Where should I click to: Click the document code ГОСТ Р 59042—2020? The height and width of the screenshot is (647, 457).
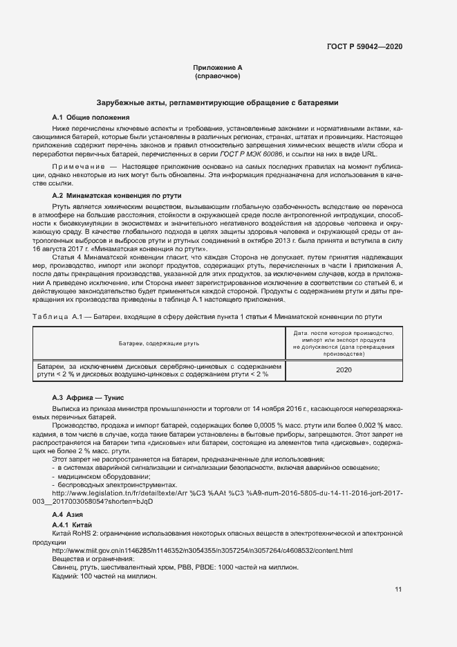pos(364,46)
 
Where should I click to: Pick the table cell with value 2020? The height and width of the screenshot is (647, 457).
pos(344,370)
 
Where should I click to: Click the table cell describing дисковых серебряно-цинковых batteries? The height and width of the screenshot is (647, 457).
pos(159,370)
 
